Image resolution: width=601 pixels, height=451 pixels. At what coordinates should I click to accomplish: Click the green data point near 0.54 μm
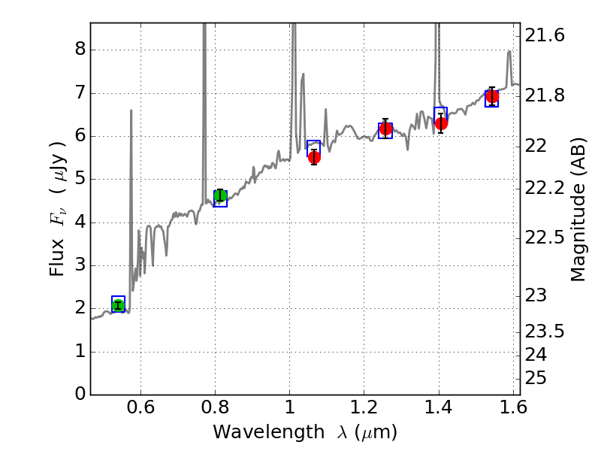pyautogui.click(x=118, y=304)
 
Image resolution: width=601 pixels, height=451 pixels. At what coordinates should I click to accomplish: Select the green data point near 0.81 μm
pyautogui.click(x=220, y=196)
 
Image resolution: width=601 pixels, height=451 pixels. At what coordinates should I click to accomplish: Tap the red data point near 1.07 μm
pyautogui.click(x=314, y=157)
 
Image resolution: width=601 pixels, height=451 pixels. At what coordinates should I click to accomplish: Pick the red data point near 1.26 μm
pyautogui.click(x=385, y=129)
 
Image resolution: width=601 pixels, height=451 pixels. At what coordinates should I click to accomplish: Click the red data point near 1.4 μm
pyautogui.click(x=441, y=123)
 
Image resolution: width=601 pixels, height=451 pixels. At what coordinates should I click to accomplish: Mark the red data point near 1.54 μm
pyautogui.click(x=492, y=96)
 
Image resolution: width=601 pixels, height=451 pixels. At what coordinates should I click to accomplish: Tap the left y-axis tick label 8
pyautogui.click(x=79, y=50)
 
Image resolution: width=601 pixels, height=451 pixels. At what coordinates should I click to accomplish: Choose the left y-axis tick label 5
pyautogui.click(x=79, y=180)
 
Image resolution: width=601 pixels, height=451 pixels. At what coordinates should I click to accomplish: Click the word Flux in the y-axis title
pyautogui.click(x=58, y=260)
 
